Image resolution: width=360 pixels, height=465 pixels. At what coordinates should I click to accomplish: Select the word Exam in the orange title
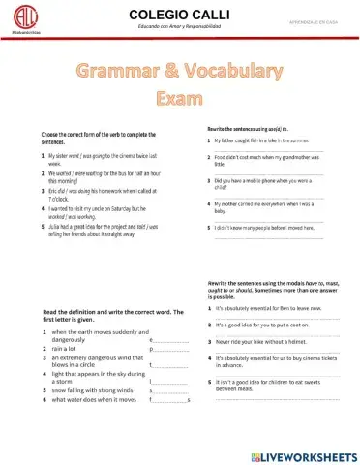click(181, 100)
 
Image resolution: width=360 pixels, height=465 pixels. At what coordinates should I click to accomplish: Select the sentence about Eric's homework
click(97, 195)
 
